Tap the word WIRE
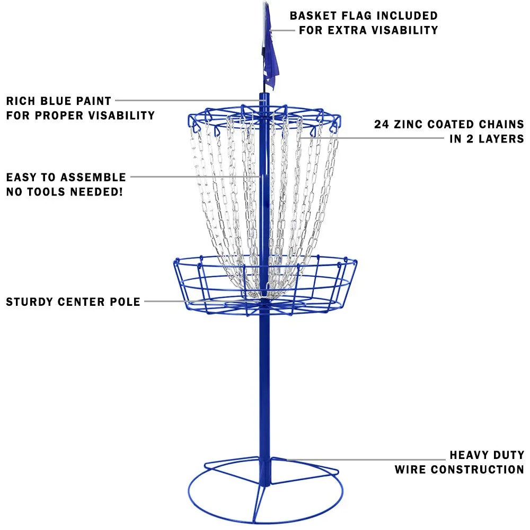tap(410, 470)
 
